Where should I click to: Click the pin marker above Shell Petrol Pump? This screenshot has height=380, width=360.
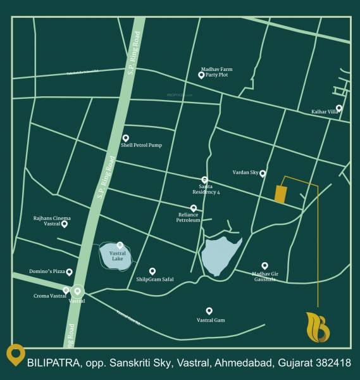coord(125,137)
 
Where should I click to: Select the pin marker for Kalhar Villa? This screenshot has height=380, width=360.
coord(339,108)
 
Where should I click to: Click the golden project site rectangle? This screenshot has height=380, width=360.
coord(280,194)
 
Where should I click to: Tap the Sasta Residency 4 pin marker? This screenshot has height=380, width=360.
coord(204,180)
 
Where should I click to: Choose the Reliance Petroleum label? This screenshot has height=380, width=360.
coord(189,218)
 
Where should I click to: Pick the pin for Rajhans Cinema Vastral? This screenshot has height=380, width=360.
coord(64,224)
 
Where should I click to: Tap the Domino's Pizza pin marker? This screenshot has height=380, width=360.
coord(69,272)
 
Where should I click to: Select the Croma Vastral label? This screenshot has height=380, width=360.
coord(50,296)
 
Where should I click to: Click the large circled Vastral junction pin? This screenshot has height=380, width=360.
coord(77,291)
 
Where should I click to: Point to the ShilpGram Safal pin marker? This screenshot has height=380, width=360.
coord(152,271)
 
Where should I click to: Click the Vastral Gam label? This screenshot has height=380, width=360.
coord(211,320)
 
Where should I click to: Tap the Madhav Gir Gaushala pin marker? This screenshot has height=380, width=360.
coord(264,265)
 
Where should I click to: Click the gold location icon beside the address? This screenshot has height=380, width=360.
coord(15,355)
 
